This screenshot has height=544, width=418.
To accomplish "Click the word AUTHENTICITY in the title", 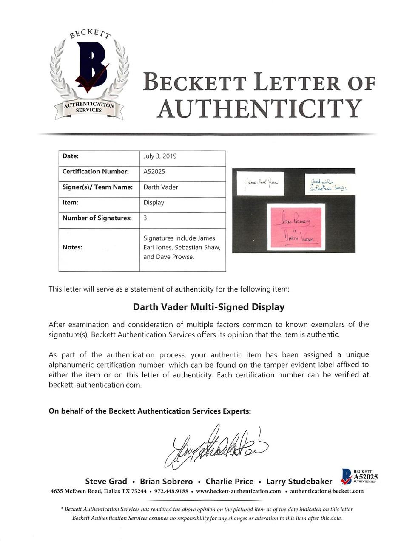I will [259, 108].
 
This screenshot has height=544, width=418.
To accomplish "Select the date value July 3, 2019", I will [160, 156].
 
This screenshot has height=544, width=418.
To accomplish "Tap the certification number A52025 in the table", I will [154, 171].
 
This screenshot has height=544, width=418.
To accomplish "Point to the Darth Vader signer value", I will [160, 187].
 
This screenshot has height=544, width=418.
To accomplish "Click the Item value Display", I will [154, 202].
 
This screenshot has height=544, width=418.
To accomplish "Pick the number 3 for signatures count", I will [145, 218].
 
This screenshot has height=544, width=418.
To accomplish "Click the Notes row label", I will [72, 247].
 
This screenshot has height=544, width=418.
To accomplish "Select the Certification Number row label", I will [95, 171].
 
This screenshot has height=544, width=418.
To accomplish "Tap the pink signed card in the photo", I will [296, 227].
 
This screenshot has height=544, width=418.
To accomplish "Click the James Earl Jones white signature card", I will [260, 183].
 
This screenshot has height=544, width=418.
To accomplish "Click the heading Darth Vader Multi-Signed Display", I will [209, 307].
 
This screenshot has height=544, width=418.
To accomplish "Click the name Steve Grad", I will [106, 481].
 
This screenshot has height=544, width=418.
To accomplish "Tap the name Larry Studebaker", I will [299, 482].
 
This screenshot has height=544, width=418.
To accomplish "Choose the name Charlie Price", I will [230, 482].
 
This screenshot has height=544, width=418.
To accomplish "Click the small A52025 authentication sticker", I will [359, 476].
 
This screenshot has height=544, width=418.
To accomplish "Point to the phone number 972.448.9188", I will [171, 491].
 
